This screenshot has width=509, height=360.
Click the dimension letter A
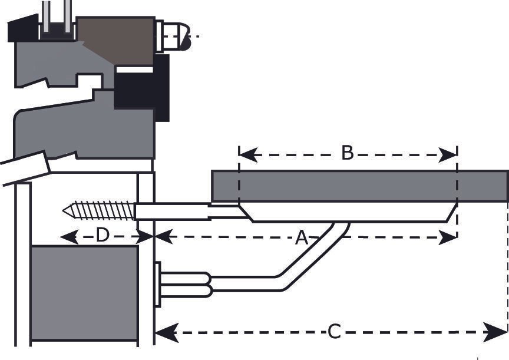pyautogui.click(x=302, y=237)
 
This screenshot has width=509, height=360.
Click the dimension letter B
pyautogui.click(x=348, y=153)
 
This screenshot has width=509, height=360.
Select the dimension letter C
pyautogui.click(x=334, y=332)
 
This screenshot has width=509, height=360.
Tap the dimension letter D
pyautogui.click(x=103, y=235)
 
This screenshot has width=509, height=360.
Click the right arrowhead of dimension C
pyautogui.click(x=495, y=332)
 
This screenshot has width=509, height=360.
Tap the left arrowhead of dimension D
pyautogui.click(x=70, y=237)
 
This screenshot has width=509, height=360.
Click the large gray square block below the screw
pyautogui.click(x=84, y=293)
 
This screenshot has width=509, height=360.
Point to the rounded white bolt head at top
pyautogui.click(x=174, y=36)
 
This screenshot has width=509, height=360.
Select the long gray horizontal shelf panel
pyautogui.click(x=360, y=186)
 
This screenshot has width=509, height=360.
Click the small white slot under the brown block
pyautogui.click(x=134, y=70)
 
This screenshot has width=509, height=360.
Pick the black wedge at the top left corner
pyautogui.click(x=23, y=28)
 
